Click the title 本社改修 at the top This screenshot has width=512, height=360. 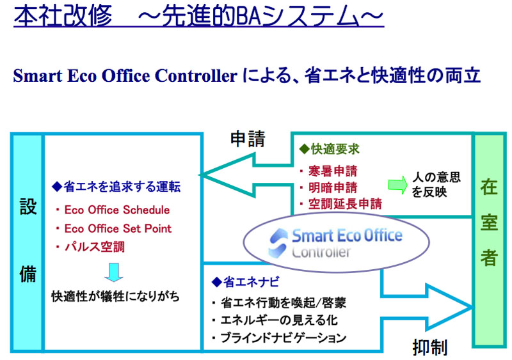pyautogui.click(x=63, y=16)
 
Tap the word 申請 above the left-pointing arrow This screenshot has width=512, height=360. pyautogui.click(x=248, y=139)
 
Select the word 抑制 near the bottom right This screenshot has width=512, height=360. pyautogui.click(x=429, y=347)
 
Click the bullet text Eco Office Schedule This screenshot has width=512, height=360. pyautogui.click(x=117, y=210)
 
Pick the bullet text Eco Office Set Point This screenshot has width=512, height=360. pyautogui.click(x=118, y=228)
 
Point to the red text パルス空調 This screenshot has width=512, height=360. pyautogui.click(x=94, y=247)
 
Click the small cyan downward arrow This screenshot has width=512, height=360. pyautogui.click(x=114, y=272)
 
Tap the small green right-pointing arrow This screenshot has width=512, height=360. pyautogui.click(x=397, y=185)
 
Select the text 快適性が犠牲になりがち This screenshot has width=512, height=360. pyautogui.click(x=116, y=297)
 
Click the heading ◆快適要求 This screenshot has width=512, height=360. pyautogui.click(x=329, y=149)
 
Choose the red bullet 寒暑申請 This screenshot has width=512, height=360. pyautogui.click(x=333, y=171)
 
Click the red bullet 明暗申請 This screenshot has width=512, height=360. pyautogui.click(x=333, y=187)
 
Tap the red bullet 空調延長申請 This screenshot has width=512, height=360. pyautogui.click(x=345, y=204)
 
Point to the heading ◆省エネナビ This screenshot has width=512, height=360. pyautogui.click(x=246, y=282)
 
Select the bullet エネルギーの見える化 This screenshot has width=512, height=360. pyautogui.click(x=279, y=320)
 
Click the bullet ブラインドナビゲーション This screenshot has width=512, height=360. pyautogui.click(x=283, y=338)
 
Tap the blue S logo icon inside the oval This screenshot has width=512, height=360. pyautogui.click(x=278, y=243)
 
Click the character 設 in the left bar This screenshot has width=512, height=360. pyautogui.click(x=28, y=207)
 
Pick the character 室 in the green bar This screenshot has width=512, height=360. pyautogui.click(x=489, y=223)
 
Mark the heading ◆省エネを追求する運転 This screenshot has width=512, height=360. pyautogui.click(x=116, y=187)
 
